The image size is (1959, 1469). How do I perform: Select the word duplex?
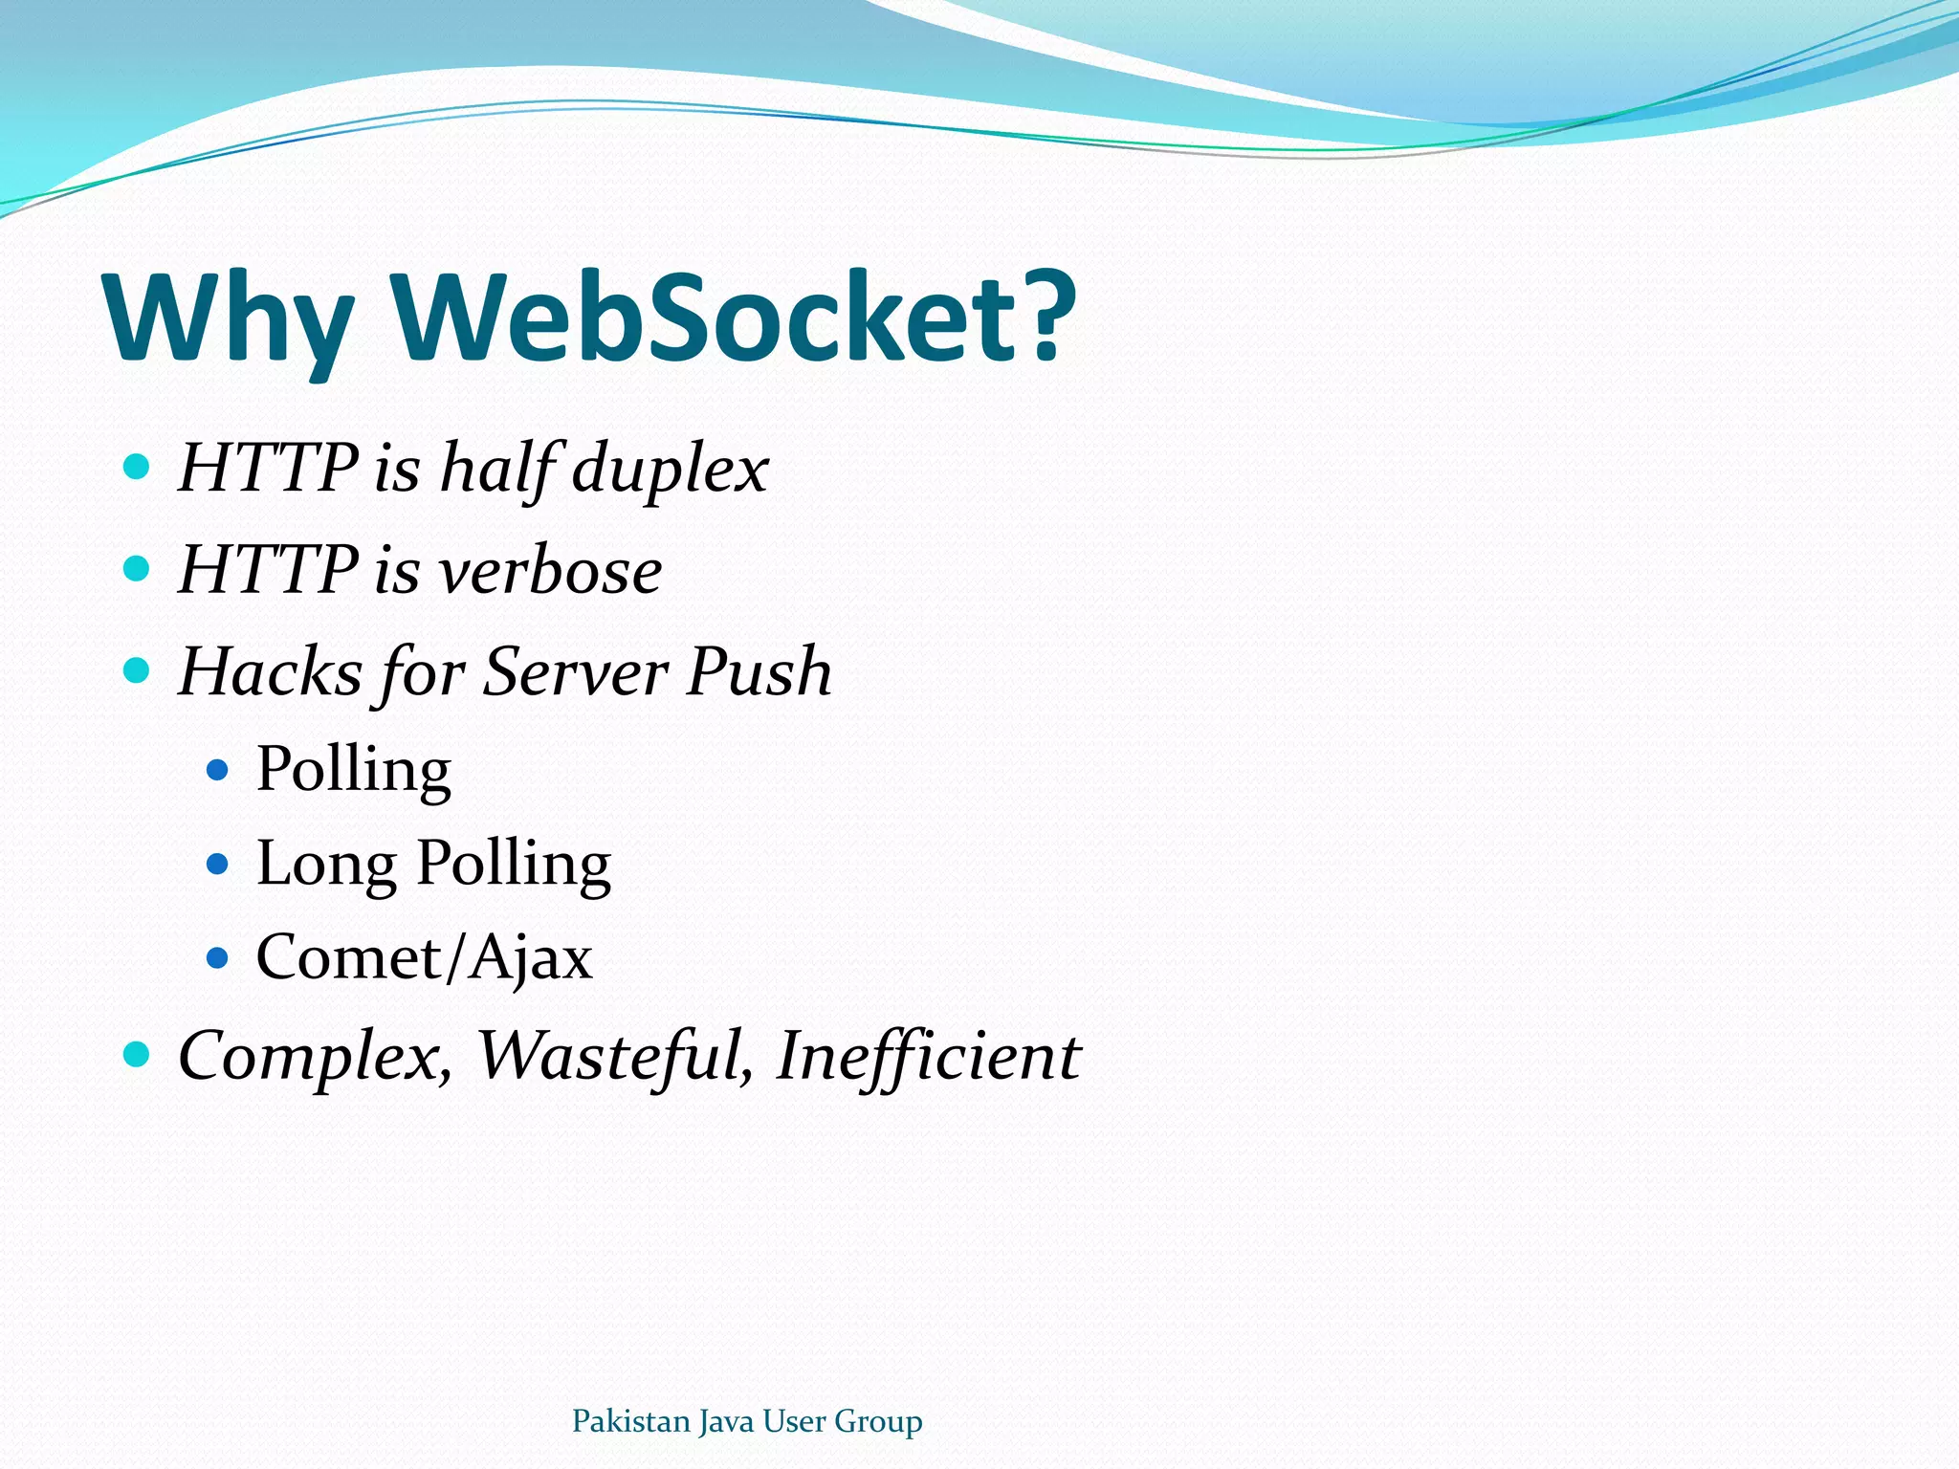pos(670,469)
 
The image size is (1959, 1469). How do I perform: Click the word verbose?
pos(550,571)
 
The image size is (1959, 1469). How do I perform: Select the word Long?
pos(326,865)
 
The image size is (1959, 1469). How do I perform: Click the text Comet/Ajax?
pos(424,956)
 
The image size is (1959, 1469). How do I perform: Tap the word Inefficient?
pos(928,1056)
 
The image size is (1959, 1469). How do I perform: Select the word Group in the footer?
pos(878,1422)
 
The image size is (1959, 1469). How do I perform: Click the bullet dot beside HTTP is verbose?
pos(138,569)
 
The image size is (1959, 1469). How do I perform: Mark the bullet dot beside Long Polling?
pos(218,864)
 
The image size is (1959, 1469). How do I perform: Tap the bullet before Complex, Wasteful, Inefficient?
pos(138,1054)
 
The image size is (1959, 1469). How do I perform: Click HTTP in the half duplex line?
pos(269,469)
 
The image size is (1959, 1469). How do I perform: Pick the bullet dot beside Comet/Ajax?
pos(218,956)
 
